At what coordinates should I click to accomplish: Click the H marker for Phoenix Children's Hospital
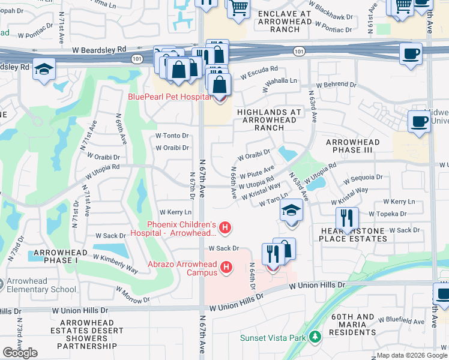[225, 227]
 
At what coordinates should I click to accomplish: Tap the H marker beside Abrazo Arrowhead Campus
[226, 267]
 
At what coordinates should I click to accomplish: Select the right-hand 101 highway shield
[298, 53]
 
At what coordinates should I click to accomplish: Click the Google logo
[20, 353]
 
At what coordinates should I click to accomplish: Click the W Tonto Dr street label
[172, 136]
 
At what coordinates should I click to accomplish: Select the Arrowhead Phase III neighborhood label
[352, 146]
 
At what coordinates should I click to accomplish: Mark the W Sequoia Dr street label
[362, 178]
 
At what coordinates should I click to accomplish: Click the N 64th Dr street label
[252, 277]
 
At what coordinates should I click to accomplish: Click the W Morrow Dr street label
[129, 296]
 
